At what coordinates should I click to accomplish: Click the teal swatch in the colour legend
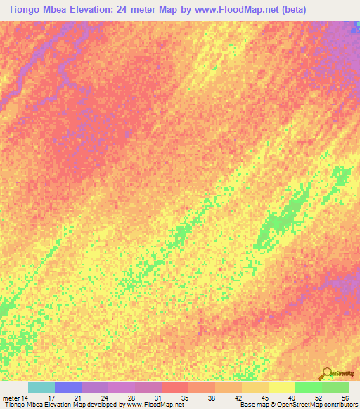pyautogui.click(x=41, y=387)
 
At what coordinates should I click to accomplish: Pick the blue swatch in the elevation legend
pyautogui.click(x=68, y=387)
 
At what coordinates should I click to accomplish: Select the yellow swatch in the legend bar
pyautogui.click(x=281, y=387)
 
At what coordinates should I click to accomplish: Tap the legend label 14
pyautogui.click(x=25, y=397)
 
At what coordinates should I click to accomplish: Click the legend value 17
pyautogui.click(x=51, y=397)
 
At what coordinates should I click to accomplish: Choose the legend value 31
pyautogui.click(x=158, y=397)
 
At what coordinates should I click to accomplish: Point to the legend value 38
pyautogui.click(x=212, y=397)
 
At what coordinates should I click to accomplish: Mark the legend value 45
pyautogui.click(x=265, y=397)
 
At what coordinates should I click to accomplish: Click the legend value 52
pyautogui.click(x=319, y=397)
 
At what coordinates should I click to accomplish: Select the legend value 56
pyautogui.click(x=345, y=397)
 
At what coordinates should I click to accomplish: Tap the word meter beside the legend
pyautogui.click(x=11, y=397)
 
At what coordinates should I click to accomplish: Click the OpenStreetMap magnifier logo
pyautogui.click(x=326, y=375)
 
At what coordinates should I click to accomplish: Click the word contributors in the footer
pyautogui.click(x=338, y=405)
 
